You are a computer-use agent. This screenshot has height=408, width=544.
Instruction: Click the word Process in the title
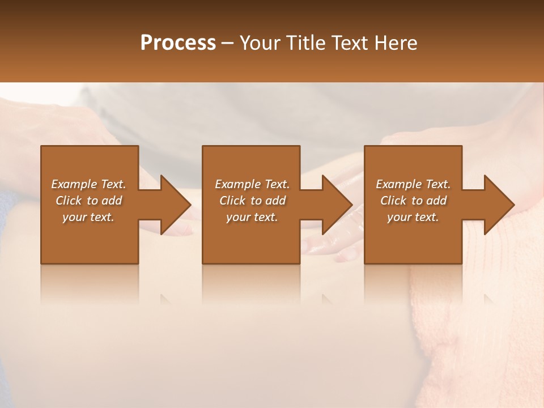178,43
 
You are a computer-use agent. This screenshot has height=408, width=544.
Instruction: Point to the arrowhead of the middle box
337,205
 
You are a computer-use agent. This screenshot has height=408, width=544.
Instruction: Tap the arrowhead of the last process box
499,205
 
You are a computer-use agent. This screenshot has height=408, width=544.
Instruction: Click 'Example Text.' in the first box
88,184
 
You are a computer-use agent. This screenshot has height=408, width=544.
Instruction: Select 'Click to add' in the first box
88,201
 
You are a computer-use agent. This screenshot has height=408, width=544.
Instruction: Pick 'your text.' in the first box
88,217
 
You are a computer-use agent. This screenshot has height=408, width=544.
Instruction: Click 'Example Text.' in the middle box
252,184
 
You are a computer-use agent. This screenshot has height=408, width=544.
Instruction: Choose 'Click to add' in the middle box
252,201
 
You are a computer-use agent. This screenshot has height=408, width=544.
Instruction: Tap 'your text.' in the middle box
252,217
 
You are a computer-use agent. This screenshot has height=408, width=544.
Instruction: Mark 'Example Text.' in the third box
413,184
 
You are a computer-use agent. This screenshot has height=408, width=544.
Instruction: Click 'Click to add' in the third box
413,201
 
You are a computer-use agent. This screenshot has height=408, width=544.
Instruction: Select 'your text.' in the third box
413,217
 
